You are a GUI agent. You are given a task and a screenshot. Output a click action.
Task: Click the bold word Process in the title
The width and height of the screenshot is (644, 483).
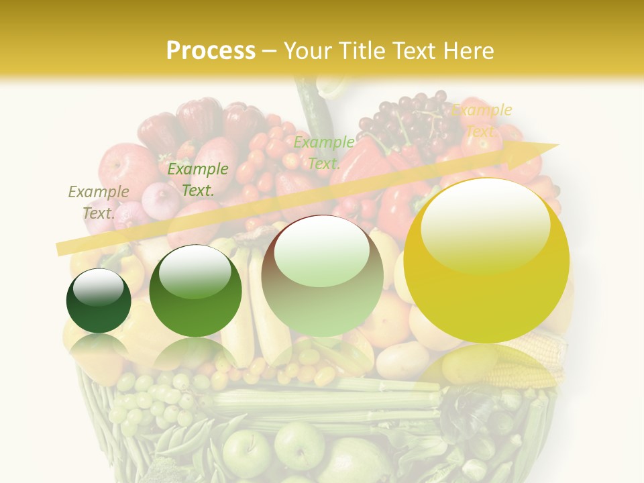coord(211,51)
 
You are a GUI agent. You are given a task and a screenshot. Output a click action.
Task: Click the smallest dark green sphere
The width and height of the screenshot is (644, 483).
coord(99,301)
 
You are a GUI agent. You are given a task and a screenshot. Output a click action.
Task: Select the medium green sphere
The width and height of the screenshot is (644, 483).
coord(195,291)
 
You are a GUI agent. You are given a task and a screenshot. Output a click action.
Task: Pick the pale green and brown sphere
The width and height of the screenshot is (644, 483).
coord(322,276)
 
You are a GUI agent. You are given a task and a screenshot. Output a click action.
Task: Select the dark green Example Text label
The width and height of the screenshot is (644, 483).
coord(197,180)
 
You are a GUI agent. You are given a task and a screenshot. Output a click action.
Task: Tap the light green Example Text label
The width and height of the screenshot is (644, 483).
coord(324,152)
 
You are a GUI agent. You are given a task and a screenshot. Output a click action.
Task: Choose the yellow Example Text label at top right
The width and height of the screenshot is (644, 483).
coord(482,121)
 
